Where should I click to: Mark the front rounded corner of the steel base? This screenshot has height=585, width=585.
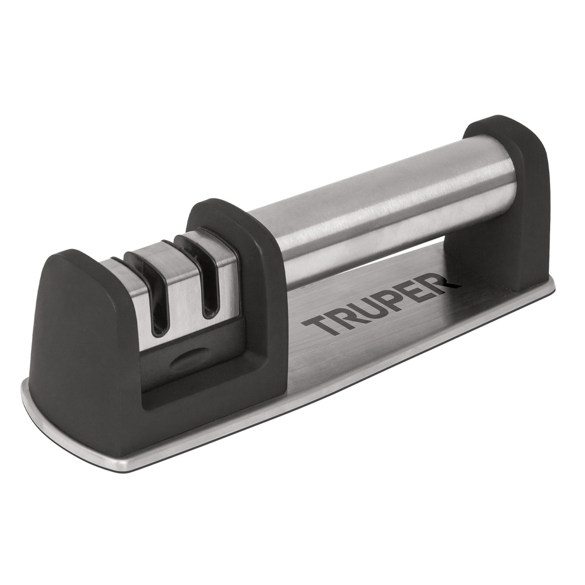click(34, 400)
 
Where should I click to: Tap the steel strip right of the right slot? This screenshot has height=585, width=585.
click(226, 280)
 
